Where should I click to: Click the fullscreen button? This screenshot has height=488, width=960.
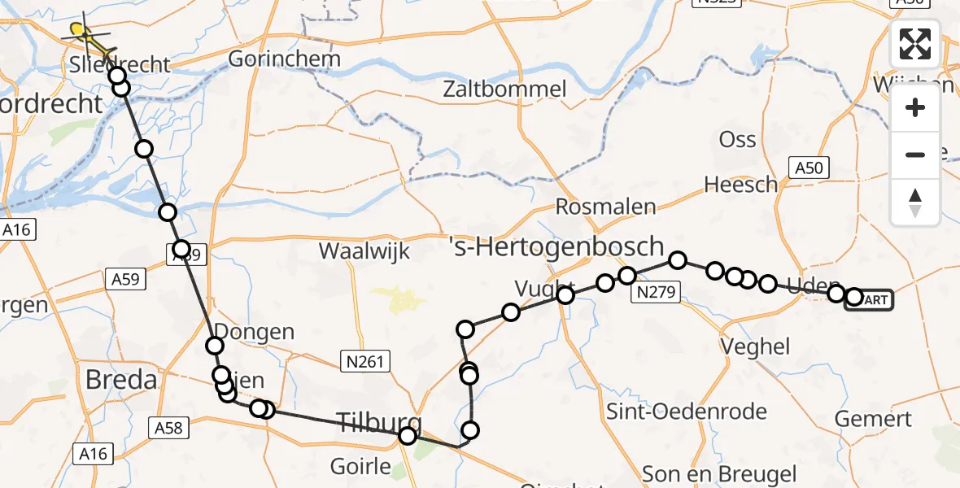pyautogui.click(x=915, y=44)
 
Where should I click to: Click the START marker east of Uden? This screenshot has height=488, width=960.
pyautogui.click(x=872, y=299)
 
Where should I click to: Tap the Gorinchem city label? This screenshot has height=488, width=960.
pyautogui.click(x=272, y=59)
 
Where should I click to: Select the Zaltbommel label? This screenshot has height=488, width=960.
pyautogui.click(x=504, y=89)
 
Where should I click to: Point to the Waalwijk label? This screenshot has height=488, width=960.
pyautogui.click(x=364, y=251)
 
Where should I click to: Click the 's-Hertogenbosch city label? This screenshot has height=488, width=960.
pyautogui.click(x=556, y=246)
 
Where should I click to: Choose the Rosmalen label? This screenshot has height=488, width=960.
pyautogui.click(x=605, y=207)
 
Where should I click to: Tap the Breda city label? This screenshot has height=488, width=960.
pyautogui.click(x=122, y=379)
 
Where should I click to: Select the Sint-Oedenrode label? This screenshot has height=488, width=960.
pyautogui.click(x=687, y=412)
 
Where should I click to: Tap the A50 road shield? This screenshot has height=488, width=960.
pyautogui.click(x=808, y=168)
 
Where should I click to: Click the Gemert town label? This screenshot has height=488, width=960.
pyautogui.click(x=874, y=420)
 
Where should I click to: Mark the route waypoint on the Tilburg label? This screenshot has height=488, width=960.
pyautogui.click(x=408, y=436)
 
